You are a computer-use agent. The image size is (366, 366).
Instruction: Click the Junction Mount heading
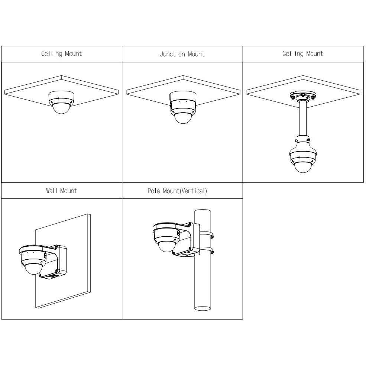(x=182, y=54)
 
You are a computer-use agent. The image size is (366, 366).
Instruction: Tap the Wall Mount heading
(x=61, y=191)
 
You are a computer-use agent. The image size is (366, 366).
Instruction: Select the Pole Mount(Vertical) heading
(x=177, y=191)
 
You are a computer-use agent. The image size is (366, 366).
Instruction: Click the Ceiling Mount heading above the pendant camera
(x=303, y=54)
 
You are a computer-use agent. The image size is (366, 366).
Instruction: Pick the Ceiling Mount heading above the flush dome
(x=61, y=54)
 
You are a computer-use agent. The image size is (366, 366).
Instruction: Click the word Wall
(x=52, y=191)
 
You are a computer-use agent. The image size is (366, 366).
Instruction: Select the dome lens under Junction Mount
(x=183, y=118)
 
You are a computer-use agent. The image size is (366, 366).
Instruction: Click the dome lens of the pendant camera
(x=303, y=167)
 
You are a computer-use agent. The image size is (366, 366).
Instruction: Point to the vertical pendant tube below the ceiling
(x=303, y=118)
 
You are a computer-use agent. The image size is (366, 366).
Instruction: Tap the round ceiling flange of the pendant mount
(x=303, y=96)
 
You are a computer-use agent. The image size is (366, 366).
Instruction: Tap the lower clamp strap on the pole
(x=207, y=251)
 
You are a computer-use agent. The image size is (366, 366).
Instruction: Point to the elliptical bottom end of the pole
(x=203, y=308)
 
